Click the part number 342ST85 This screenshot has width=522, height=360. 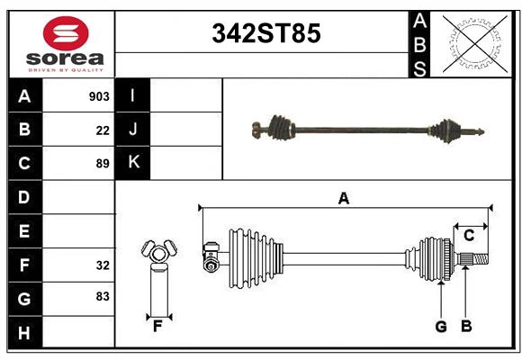click(265, 33)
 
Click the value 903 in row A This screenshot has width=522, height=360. click(99, 96)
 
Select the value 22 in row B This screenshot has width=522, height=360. click(103, 130)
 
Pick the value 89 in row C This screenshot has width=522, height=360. click(103, 164)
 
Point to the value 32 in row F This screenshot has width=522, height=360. click(103, 265)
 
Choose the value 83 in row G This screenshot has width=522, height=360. click(103, 296)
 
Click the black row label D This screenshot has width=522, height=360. click(24, 197)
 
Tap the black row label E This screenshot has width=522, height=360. click(24, 231)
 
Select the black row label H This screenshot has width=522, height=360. click(24, 333)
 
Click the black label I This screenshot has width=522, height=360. click(133, 96)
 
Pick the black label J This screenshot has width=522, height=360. click(133, 130)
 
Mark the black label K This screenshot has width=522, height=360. click(133, 163)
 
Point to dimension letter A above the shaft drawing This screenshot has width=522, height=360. click(344, 199)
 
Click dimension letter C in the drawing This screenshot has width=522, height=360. click(469, 236)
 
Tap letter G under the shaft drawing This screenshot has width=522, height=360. click(441, 327)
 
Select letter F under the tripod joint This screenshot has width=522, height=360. click(157, 326)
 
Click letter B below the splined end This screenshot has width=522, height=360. click(466, 327)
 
